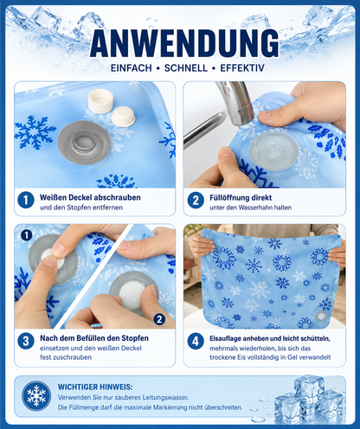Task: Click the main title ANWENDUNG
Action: (x=184, y=42)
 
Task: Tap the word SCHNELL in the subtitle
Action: (x=186, y=68)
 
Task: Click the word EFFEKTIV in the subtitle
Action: (x=242, y=68)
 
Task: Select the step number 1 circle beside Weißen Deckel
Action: (x=26, y=200)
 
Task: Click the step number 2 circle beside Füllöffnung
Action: (x=196, y=200)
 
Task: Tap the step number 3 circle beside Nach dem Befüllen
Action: (x=26, y=341)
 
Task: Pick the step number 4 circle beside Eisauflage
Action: (x=196, y=341)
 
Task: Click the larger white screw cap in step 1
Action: (x=100, y=101)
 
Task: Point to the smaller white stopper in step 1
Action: (x=123, y=117)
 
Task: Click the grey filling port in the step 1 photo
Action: (x=84, y=143)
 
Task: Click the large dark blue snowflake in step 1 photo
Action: (x=34, y=132)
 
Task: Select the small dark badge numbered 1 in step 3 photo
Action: (x=26, y=235)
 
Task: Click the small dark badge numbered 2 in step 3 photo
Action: (x=159, y=319)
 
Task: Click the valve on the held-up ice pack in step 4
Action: (x=321, y=317)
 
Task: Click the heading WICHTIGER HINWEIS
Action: (x=95, y=387)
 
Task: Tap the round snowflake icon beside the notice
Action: (x=36, y=396)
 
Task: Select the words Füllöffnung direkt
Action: (x=241, y=198)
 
